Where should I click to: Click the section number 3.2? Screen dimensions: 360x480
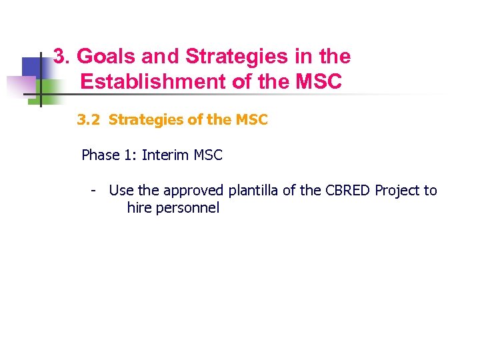[89, 120]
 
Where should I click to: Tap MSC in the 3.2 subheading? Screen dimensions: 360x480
[251, 120]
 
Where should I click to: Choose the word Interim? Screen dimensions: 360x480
[165, 155]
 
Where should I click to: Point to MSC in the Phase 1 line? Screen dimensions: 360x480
[207, 155]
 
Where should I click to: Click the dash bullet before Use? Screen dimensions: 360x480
[95, 191]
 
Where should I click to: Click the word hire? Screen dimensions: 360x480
[139, 208]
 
